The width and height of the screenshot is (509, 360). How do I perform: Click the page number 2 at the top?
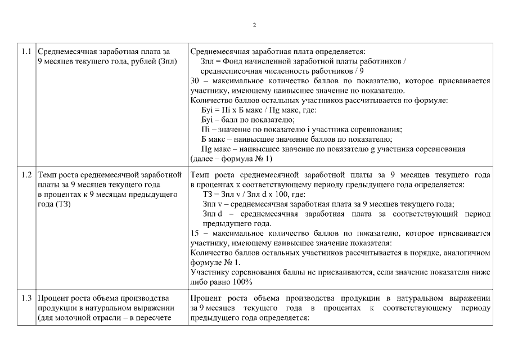[x=254, y=25]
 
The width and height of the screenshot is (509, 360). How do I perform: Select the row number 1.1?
[x=26, y=51]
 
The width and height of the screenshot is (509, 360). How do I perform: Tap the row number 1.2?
[x=26, y=175]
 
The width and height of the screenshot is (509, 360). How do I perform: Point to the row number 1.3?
[x=26, y=298]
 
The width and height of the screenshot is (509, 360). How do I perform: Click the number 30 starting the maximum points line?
[x=195, y=80]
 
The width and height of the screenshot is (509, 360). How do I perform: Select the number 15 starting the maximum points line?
[x=195, y=233]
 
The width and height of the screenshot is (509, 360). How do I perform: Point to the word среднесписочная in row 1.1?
[x=232, y=71]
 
